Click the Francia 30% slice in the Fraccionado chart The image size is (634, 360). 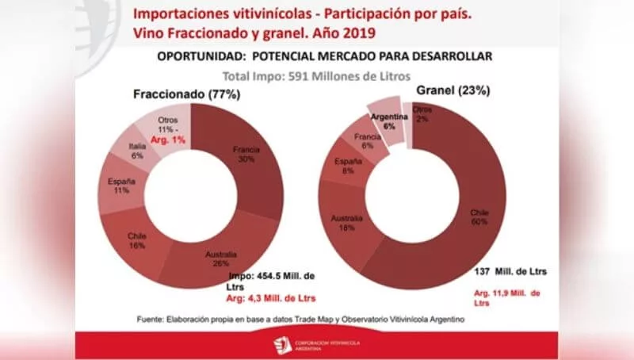[x=246, y=155]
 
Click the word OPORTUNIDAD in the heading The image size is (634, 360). [x=197, y=58]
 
